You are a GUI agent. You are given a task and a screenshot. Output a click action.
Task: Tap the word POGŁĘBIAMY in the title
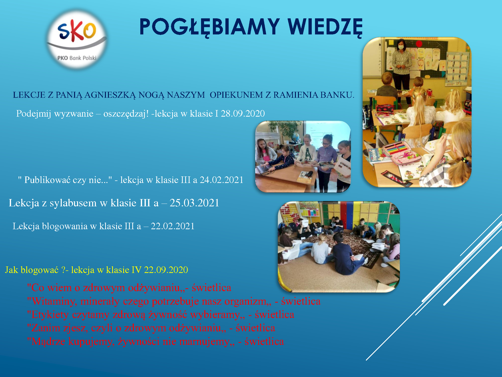[x=210, y=27]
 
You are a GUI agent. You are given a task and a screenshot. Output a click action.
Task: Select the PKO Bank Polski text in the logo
[x=77, y=58]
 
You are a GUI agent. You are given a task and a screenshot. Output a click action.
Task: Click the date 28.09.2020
[x=243, y=113]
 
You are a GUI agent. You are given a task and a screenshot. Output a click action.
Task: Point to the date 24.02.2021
[x=222, y=180]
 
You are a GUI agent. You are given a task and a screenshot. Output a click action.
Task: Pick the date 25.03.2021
[x=195, y=203]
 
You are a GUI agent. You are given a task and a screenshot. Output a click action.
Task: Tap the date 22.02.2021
[x=173, y=226]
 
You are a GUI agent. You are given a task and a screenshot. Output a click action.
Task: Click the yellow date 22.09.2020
[x=166, y=270]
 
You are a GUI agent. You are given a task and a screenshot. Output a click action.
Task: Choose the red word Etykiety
[x=48, y=315]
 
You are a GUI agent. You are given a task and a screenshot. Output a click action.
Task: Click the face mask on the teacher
[x=401, y=47]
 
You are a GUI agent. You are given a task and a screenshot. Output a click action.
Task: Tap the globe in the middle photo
[x=295, y=137]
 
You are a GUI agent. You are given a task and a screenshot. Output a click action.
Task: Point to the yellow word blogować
[x=39, y=270]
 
